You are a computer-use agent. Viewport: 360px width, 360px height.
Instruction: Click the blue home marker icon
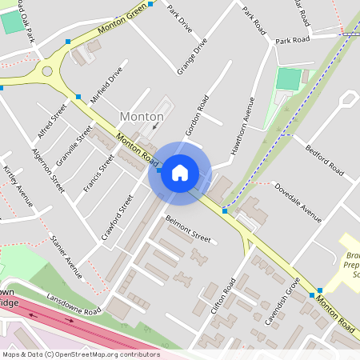click(x=180, y=172)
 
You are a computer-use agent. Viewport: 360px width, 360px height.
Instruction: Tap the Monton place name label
click(x=141, y=117)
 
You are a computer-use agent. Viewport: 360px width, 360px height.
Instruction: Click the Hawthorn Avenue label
click(x=241, y=123)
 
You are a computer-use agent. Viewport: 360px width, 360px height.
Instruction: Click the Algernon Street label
click(x=48, y=170)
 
